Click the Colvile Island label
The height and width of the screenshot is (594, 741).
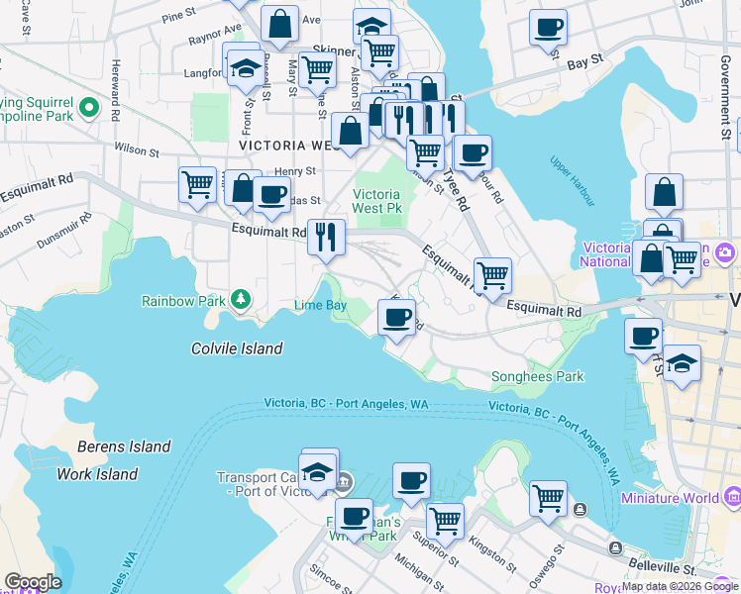tap(237, 348)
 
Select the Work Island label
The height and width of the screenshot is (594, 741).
tap(96, 474)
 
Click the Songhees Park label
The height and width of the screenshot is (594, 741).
tap(537, 376)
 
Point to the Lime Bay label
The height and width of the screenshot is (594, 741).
tap(320, 305)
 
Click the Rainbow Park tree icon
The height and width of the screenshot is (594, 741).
tap(239, 299)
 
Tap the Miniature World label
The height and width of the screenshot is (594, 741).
tap(671, 497)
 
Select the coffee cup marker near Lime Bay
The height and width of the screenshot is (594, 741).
tap(397, 318)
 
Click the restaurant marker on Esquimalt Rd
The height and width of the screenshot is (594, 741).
tap(326, 237)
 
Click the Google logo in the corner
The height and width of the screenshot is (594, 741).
tap(33, 582)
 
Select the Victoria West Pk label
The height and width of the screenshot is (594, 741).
tap(377, 202)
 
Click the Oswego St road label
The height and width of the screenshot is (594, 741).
tap(559, 563)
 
